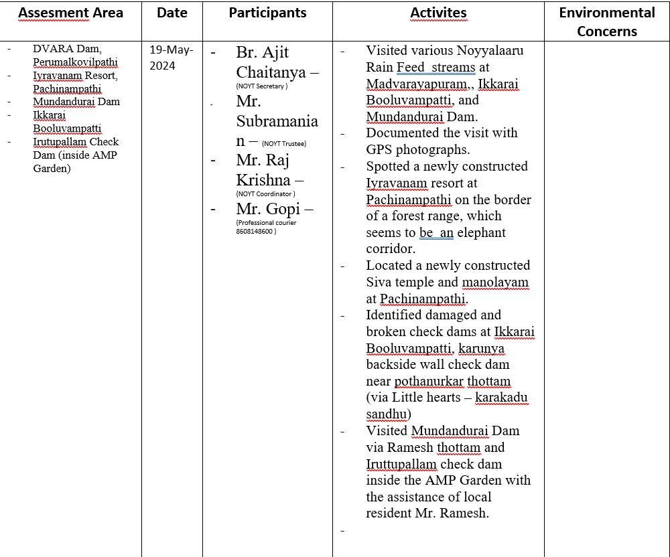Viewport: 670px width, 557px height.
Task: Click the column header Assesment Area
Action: (70, 13)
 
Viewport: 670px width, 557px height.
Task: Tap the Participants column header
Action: (267, 13)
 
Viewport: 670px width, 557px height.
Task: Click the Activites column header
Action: (438, 13)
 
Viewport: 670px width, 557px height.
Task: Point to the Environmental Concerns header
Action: (607, 21)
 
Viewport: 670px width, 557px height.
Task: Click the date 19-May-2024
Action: (171, 58)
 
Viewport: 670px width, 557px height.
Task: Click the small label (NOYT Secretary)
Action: (261, 86)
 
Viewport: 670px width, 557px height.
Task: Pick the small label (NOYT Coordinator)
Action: (266, 193)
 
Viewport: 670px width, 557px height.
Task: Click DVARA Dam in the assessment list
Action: (67, 49)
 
